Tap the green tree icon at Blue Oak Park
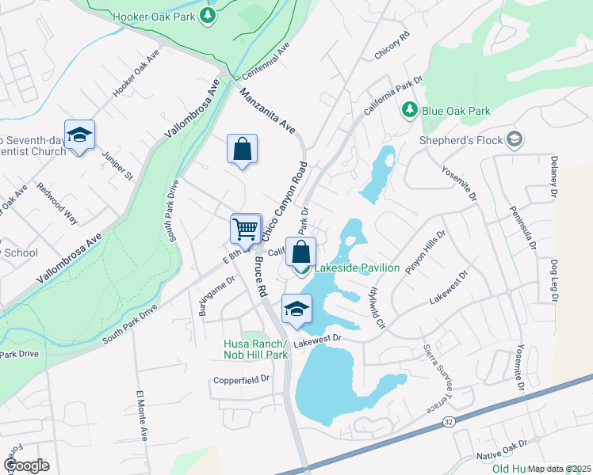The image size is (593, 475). [410, 110]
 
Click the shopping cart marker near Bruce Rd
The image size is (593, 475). [246, 229]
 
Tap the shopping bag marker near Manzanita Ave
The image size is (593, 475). [242, 149]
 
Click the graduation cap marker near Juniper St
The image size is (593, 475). [79, 135]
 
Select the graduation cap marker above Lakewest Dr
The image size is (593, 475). [296, 309]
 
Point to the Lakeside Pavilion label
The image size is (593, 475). [357, 268]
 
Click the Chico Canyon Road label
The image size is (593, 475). [284, 202]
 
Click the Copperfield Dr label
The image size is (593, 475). [241, 380]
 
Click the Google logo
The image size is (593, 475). [26, 465]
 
